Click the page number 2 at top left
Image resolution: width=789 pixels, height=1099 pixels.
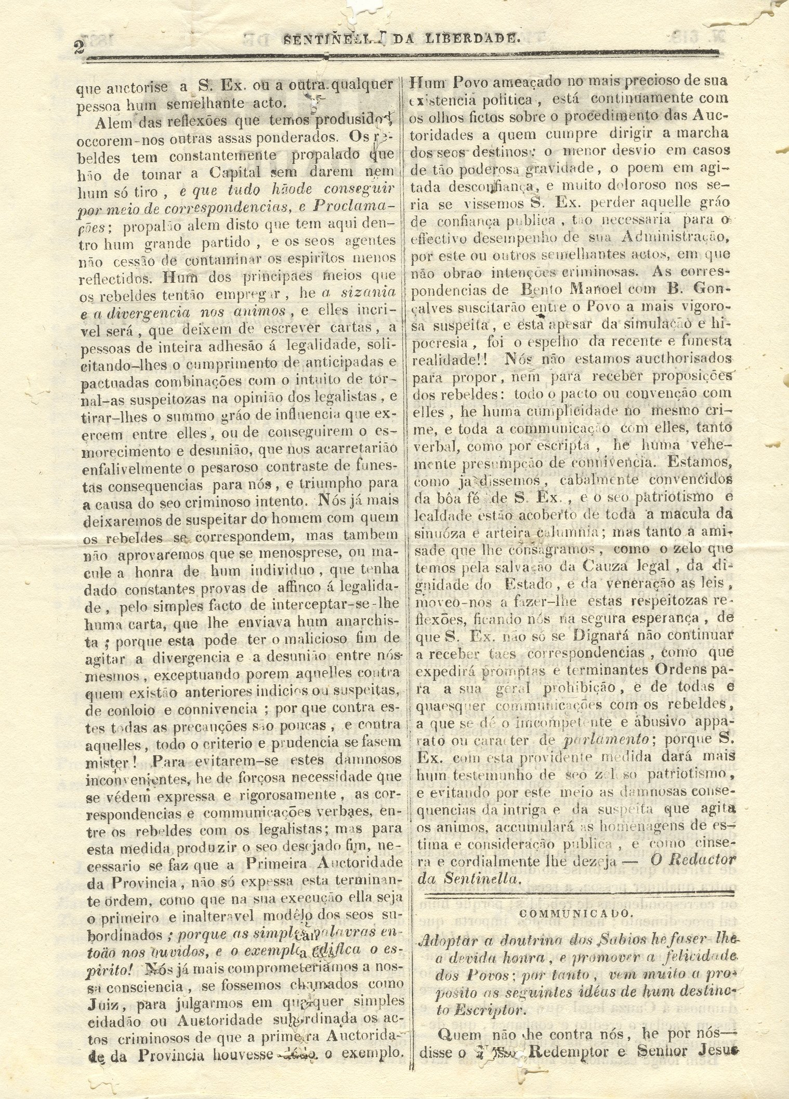coord(79,47)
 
